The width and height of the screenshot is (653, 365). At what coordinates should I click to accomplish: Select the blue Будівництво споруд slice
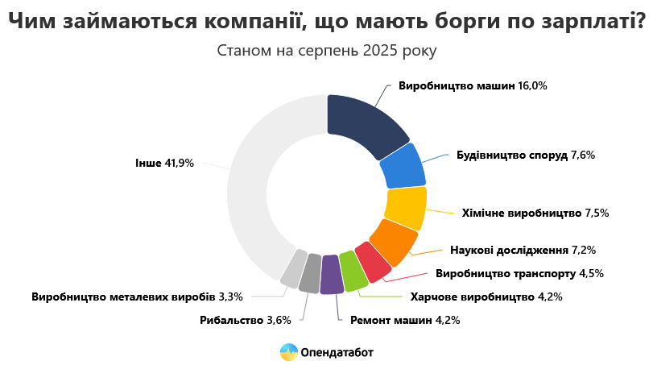(x=403, y=166)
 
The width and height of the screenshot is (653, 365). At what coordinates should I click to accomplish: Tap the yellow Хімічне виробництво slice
(x=405, y=207)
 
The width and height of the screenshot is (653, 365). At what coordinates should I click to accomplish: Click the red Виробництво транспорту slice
(x=372, y=262)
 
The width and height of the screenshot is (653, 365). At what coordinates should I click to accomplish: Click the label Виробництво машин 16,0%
(x=472, y=85)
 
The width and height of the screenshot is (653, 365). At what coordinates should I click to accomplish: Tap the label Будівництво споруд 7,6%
(x=525, y=155)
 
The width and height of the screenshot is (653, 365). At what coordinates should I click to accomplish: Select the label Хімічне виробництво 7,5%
(x=535, y=214)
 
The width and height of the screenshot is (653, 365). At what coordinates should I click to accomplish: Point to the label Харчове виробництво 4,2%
(x=486, y=297)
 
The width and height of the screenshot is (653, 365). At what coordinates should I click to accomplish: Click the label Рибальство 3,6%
(x=245, y=320)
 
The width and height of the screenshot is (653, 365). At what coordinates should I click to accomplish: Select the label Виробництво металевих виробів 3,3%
(x=137, y=297)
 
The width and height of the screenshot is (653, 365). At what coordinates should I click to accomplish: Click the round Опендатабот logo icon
(x=288, y=352)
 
